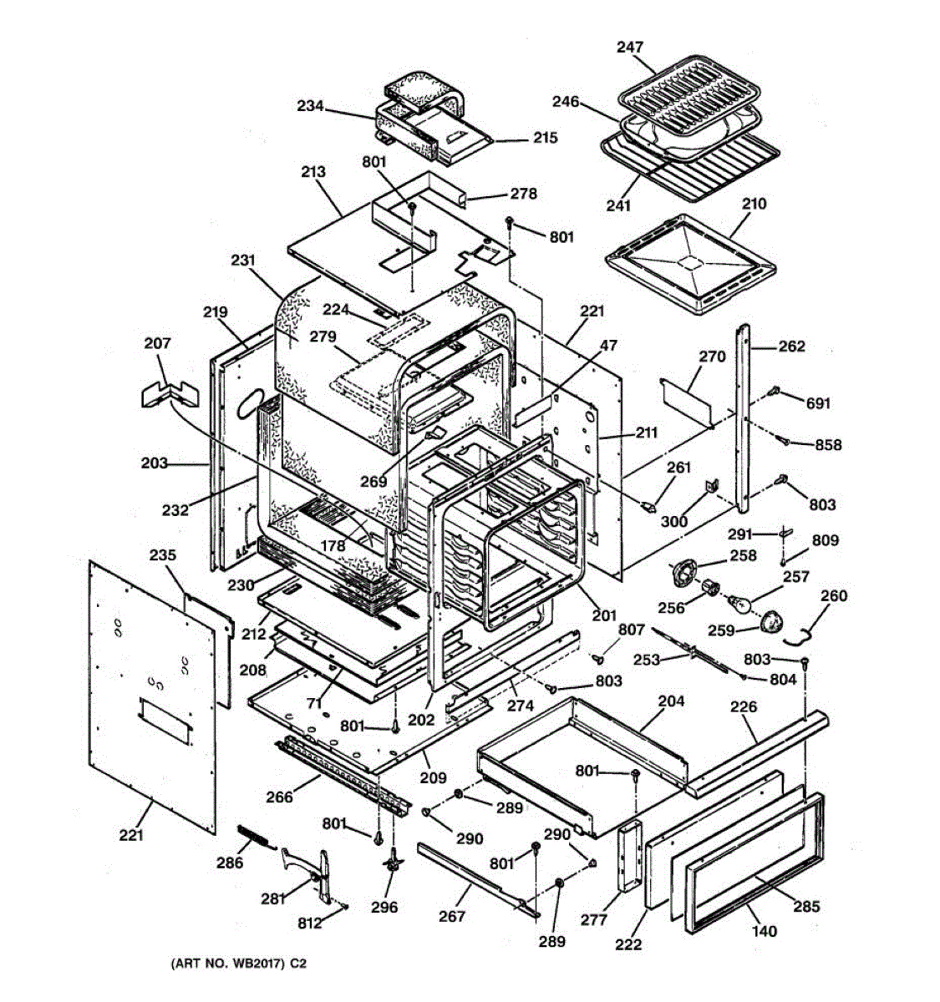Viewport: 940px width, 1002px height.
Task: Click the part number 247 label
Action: (x=630, y=48)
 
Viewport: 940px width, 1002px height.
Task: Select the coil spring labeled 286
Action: (x=256, y=836)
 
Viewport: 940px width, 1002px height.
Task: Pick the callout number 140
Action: (x=764, y=931)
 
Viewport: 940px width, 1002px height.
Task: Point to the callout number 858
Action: (x=828, y=445)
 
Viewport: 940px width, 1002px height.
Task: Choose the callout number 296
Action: (x=384, y=908)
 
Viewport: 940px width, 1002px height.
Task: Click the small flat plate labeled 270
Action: (x=687, y=399)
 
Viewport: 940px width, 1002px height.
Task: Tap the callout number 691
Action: (x=819, y=403)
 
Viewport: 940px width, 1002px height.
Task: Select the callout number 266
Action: (x=279, y=797)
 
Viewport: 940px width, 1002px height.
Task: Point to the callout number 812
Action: (x=309, y=924)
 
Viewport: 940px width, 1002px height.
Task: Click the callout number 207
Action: (x=157, y=343)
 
